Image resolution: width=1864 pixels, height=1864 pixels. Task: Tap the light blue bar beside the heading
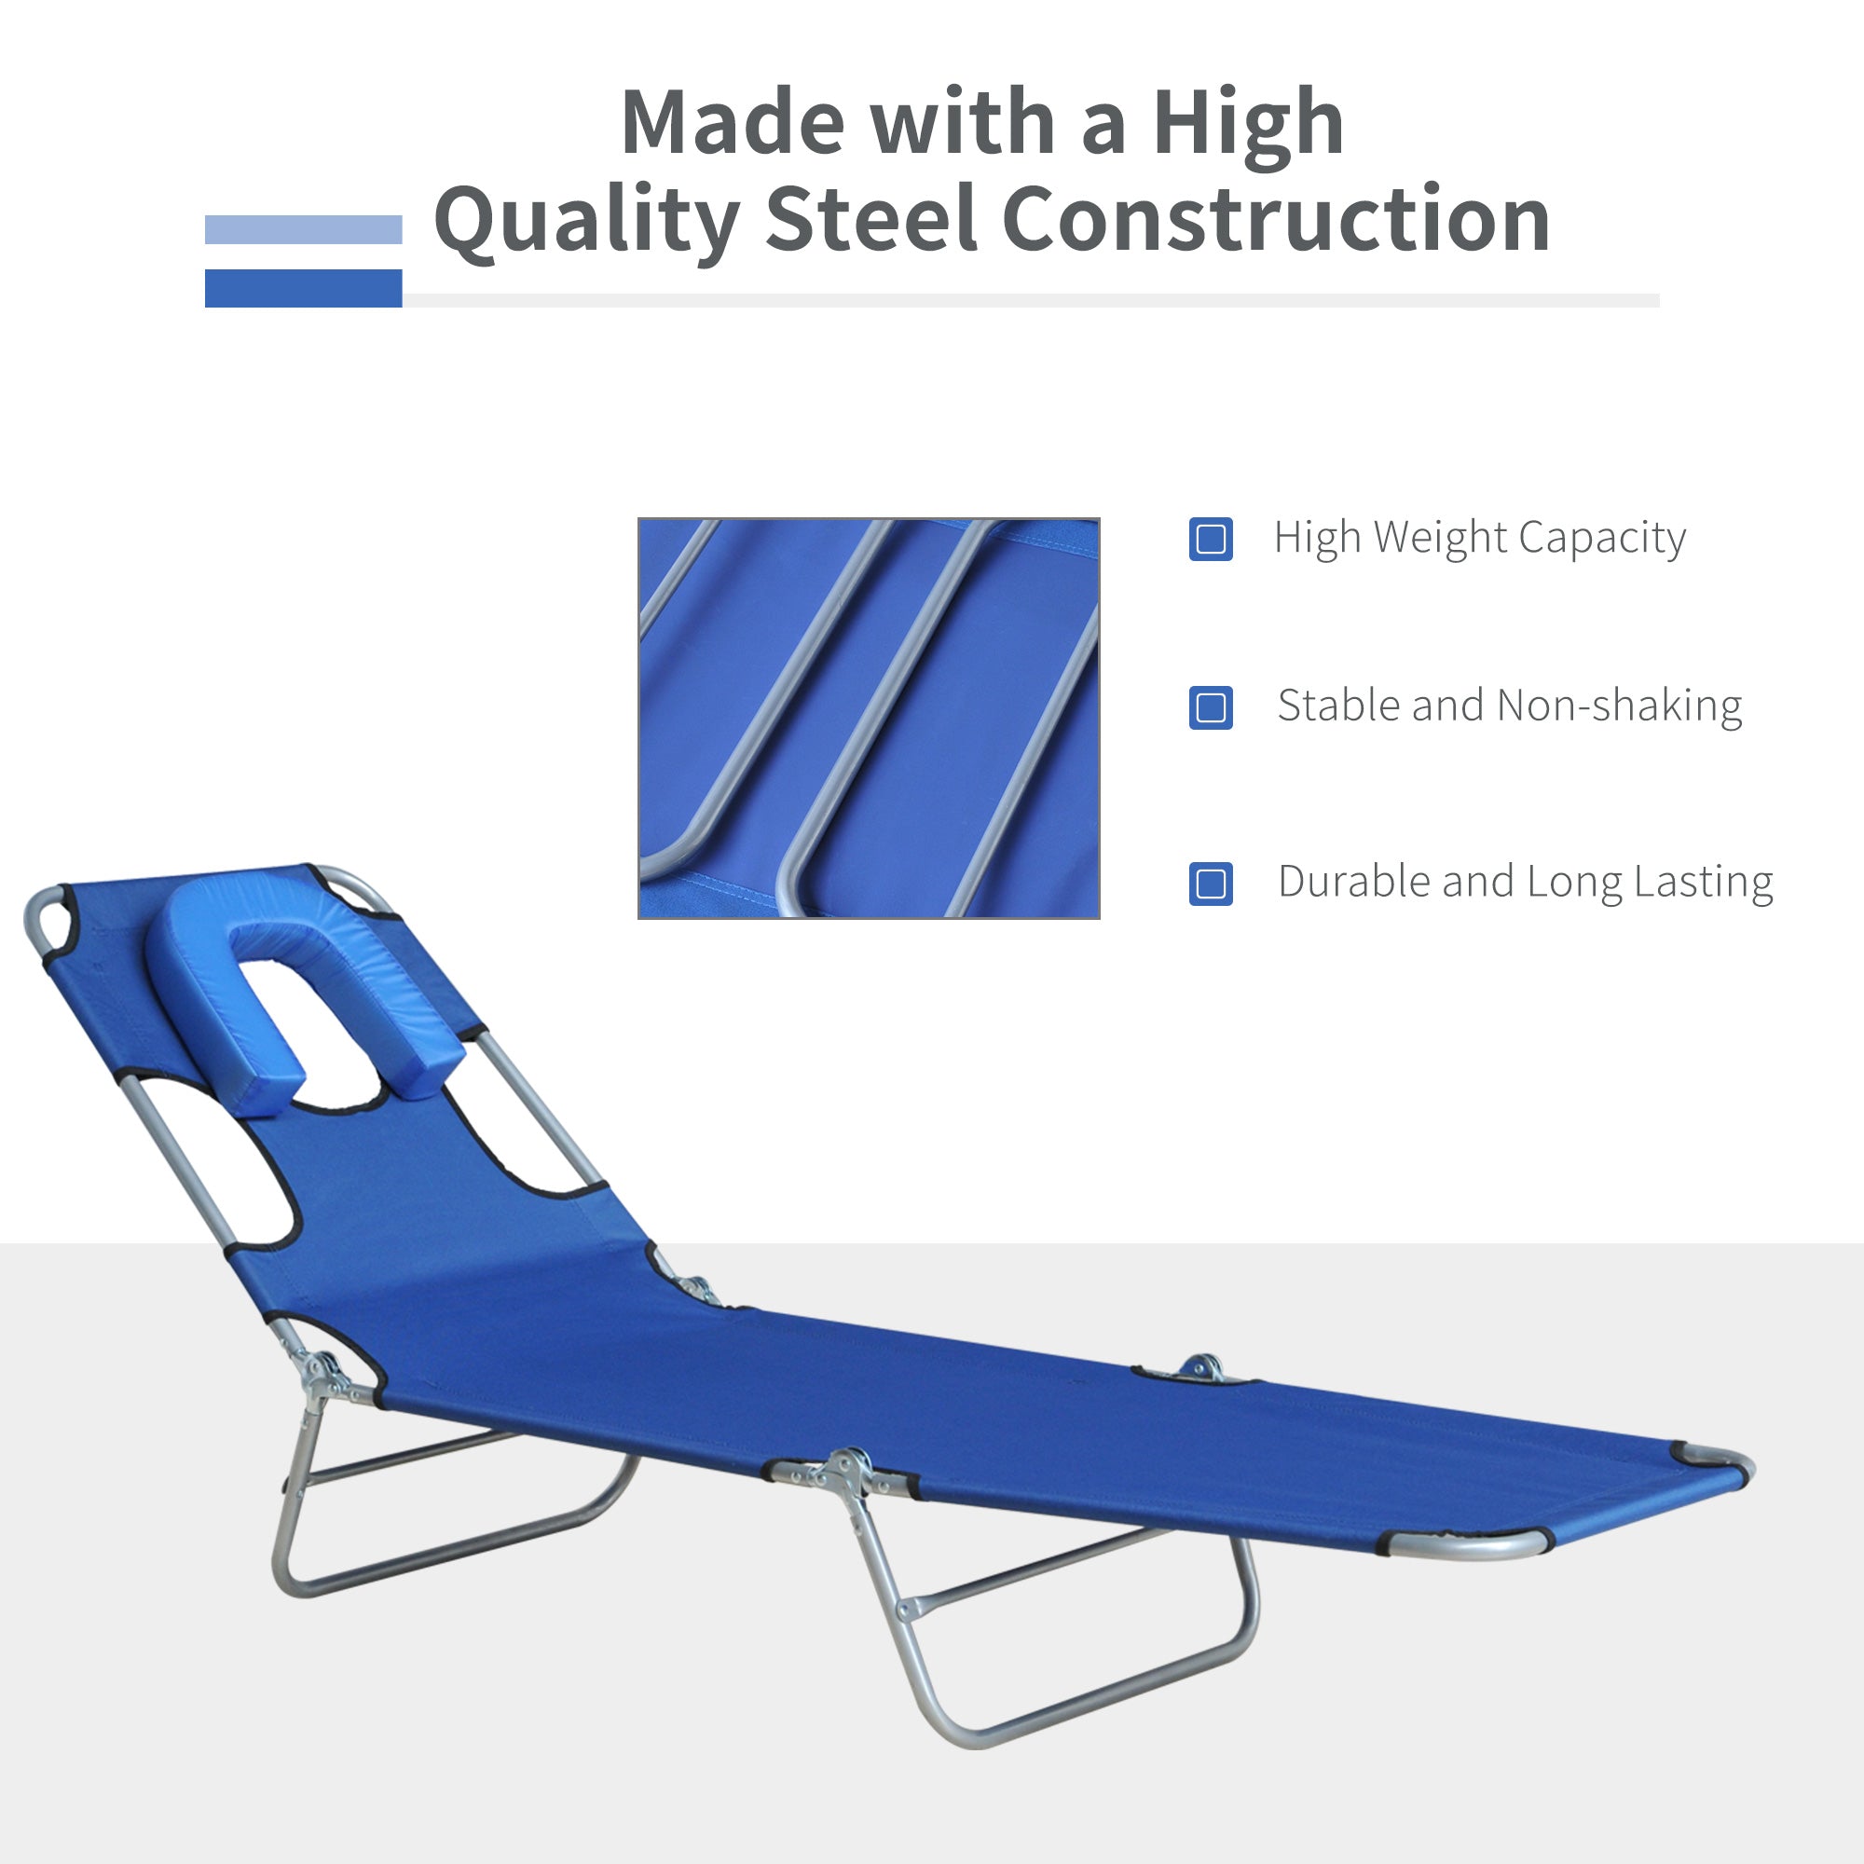(x=303, y=229)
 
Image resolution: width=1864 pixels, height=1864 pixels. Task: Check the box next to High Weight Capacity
(x=1211, y=539)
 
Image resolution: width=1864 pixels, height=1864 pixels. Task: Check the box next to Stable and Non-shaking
(x=1211, y=707)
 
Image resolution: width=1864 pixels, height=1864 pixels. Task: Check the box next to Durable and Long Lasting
(x=1211, y=883)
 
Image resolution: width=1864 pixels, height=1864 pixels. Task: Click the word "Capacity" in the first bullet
(x=1601, y=539)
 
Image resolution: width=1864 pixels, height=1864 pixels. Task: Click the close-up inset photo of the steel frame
(x=869, y=718)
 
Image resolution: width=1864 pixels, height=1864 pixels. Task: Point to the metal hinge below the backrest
(x=323, y=1374)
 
